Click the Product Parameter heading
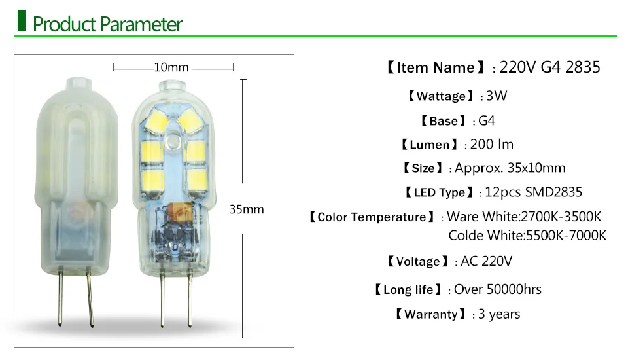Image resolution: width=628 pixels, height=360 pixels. (107, 26)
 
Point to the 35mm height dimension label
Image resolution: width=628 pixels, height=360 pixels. (247, 209)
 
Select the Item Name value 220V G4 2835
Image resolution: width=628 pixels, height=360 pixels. (549, 67)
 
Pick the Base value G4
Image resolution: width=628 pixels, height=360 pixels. (487, 120)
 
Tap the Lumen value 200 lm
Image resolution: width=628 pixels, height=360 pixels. (492, 144)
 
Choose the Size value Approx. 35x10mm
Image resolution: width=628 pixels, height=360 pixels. (510, 168)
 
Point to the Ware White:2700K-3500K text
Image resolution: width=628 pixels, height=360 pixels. (524, 217)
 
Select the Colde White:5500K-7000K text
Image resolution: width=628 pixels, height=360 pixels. (527, 235)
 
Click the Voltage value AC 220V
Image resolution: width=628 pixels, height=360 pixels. (486, 261)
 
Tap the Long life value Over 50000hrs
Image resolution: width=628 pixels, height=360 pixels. (498, 289)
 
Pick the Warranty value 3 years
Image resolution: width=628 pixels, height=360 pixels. (499, 314)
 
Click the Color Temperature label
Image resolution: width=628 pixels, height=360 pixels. (371, 217)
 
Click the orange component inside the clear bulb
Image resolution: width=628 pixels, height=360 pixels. (178, 212)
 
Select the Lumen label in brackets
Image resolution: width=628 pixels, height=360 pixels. (429, 145)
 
